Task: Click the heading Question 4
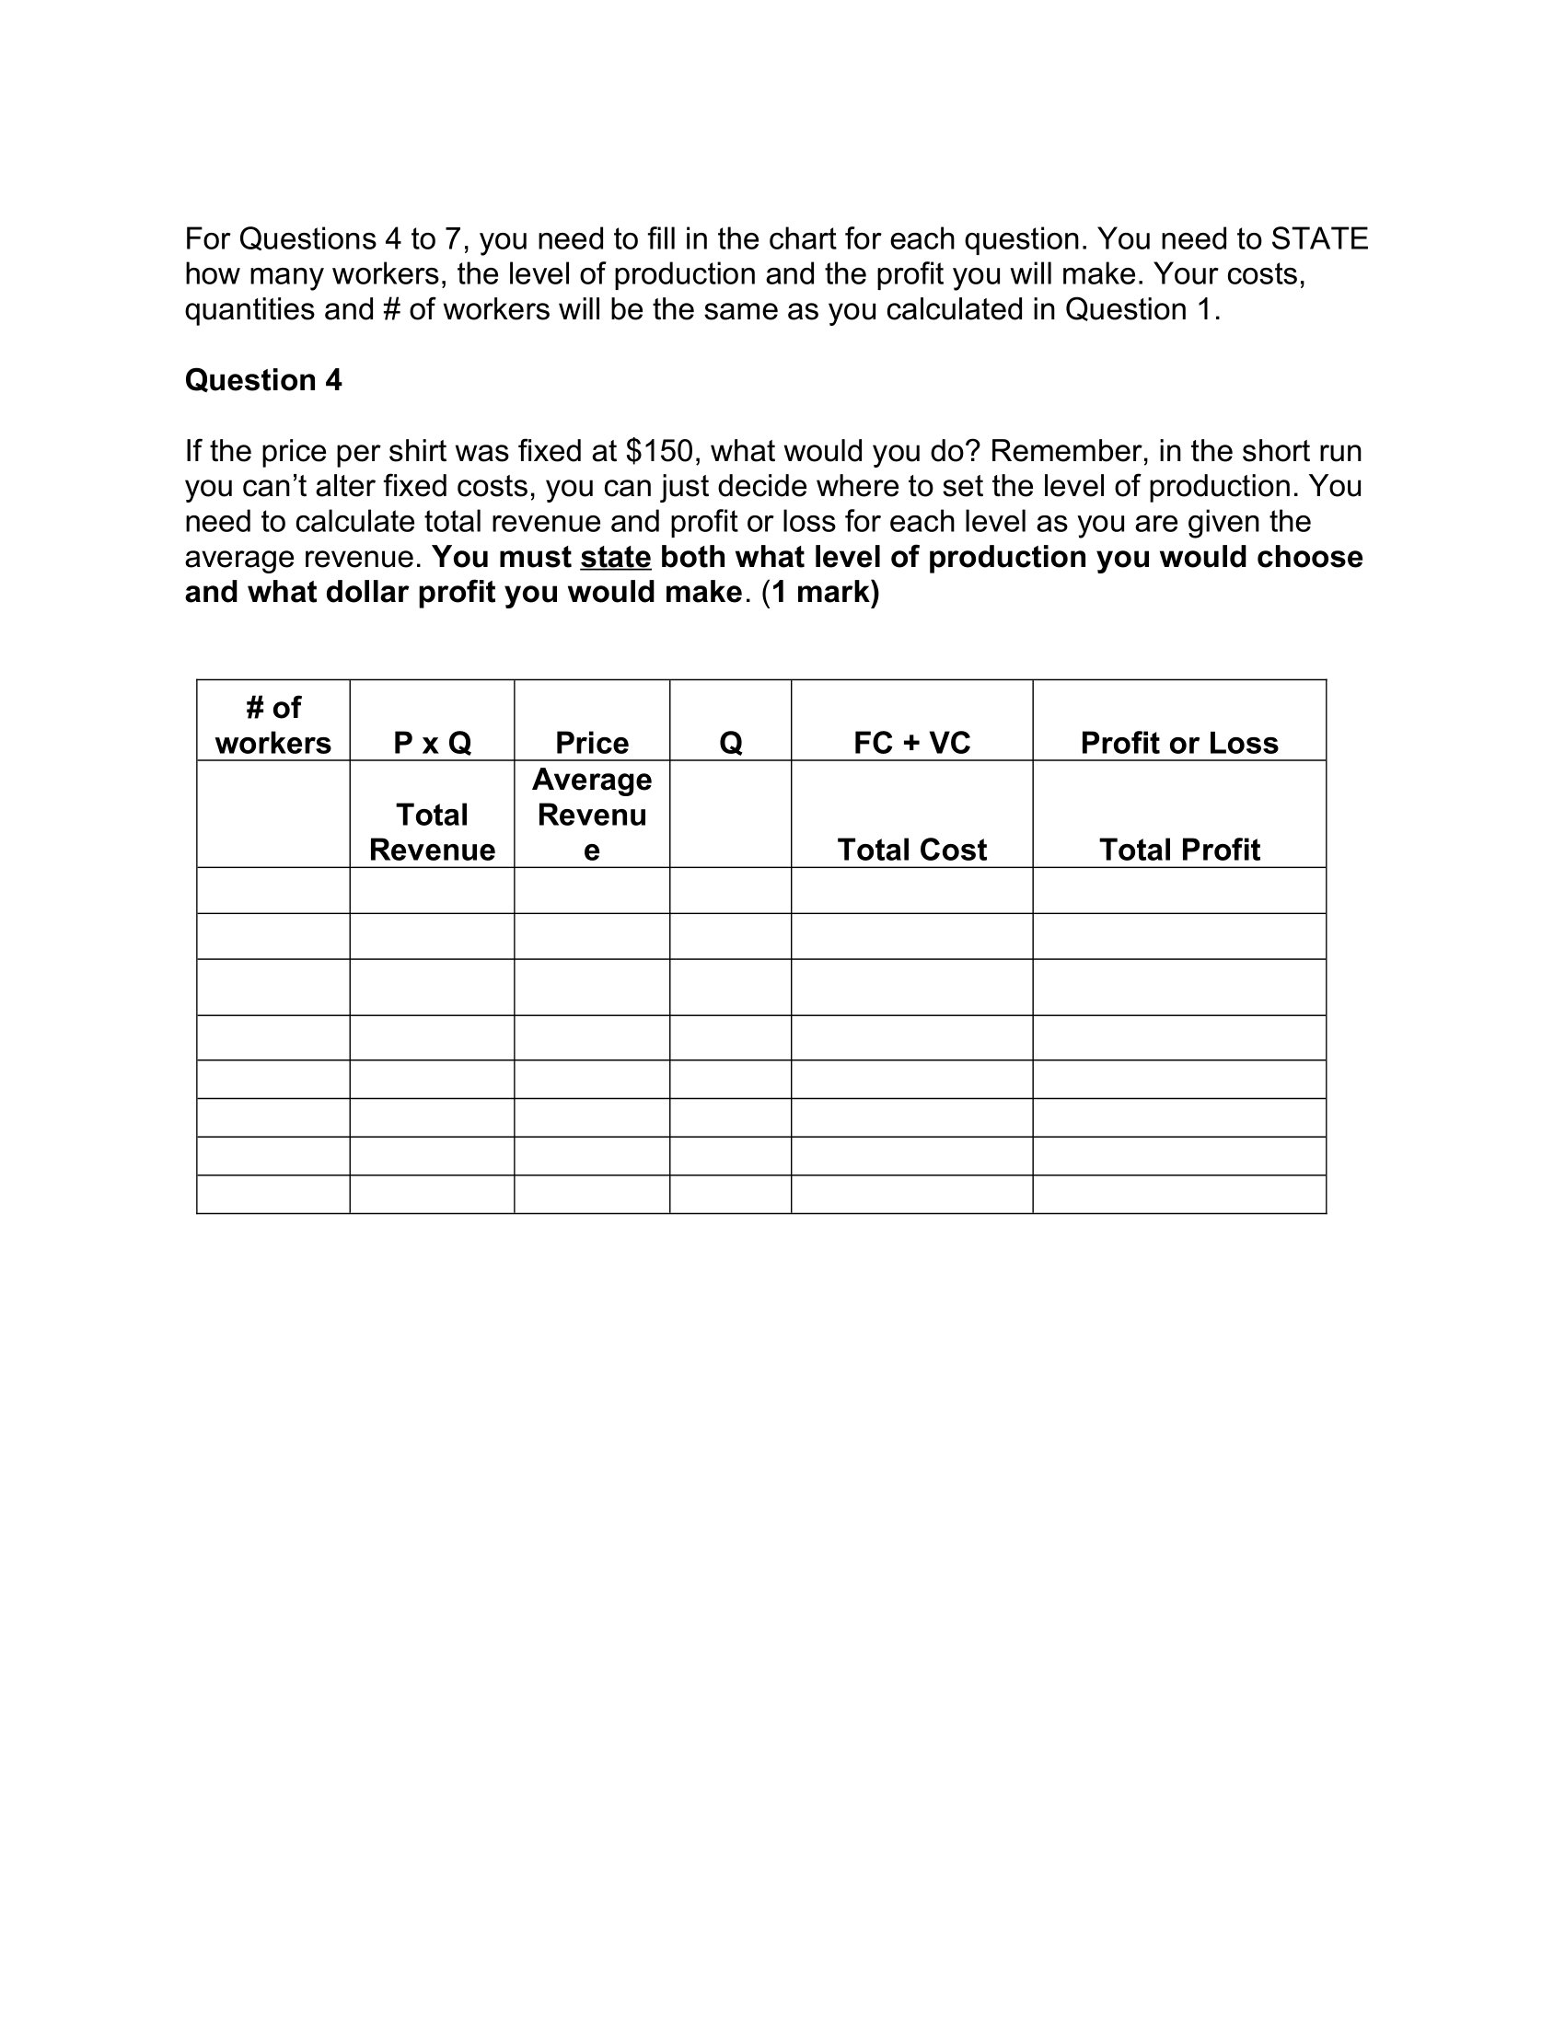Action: point(262,380)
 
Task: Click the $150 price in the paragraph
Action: point(660,452)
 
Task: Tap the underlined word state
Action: point(616,557)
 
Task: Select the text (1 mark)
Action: point(820,593)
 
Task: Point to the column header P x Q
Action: point(432,743)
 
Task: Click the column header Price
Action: point(592,743)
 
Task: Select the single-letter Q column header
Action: point(731,743)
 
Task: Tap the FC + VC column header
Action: point(911,743)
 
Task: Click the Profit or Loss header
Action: point(1178,743)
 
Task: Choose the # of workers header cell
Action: point(272,725)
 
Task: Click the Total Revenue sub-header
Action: point(432,832)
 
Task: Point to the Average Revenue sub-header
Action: point(592,814)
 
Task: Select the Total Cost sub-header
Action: point(911,850)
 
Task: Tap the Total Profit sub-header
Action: point(1178,850)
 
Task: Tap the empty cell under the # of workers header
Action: point(272,814)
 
